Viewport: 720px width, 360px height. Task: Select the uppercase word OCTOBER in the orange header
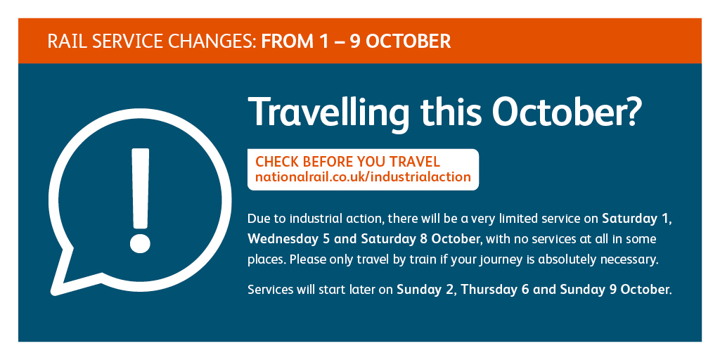pyautogui.click(x=409, y=41)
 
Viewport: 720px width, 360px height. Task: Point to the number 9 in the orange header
pyautogui.click(x=355, y=41)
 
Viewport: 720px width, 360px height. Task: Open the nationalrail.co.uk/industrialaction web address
pyautogui.click(x=364, y=176)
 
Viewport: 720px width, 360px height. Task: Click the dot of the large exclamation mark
pyautogui.click(x=140, y=242)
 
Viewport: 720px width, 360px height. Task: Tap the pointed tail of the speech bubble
pyautogui.click(x=54, y=291)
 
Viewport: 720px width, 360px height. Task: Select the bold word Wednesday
pyautogui.click(x=279, y=240)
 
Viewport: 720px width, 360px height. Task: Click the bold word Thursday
pyautogui.click(x=488, y=290)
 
